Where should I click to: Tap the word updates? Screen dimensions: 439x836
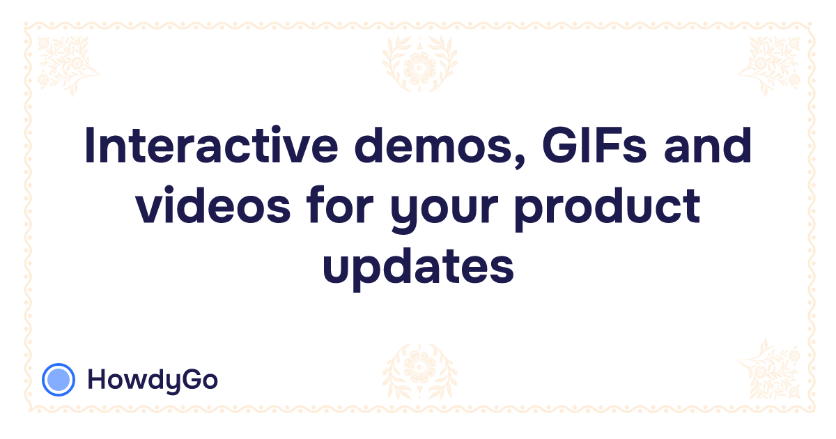pos(418,266)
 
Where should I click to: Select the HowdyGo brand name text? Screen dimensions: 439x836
pos(153,380)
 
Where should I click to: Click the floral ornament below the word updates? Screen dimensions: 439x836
pos(419,369)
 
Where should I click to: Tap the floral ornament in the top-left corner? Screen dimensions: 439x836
pos(66,63)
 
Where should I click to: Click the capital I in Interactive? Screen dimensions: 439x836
pos(90,147)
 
